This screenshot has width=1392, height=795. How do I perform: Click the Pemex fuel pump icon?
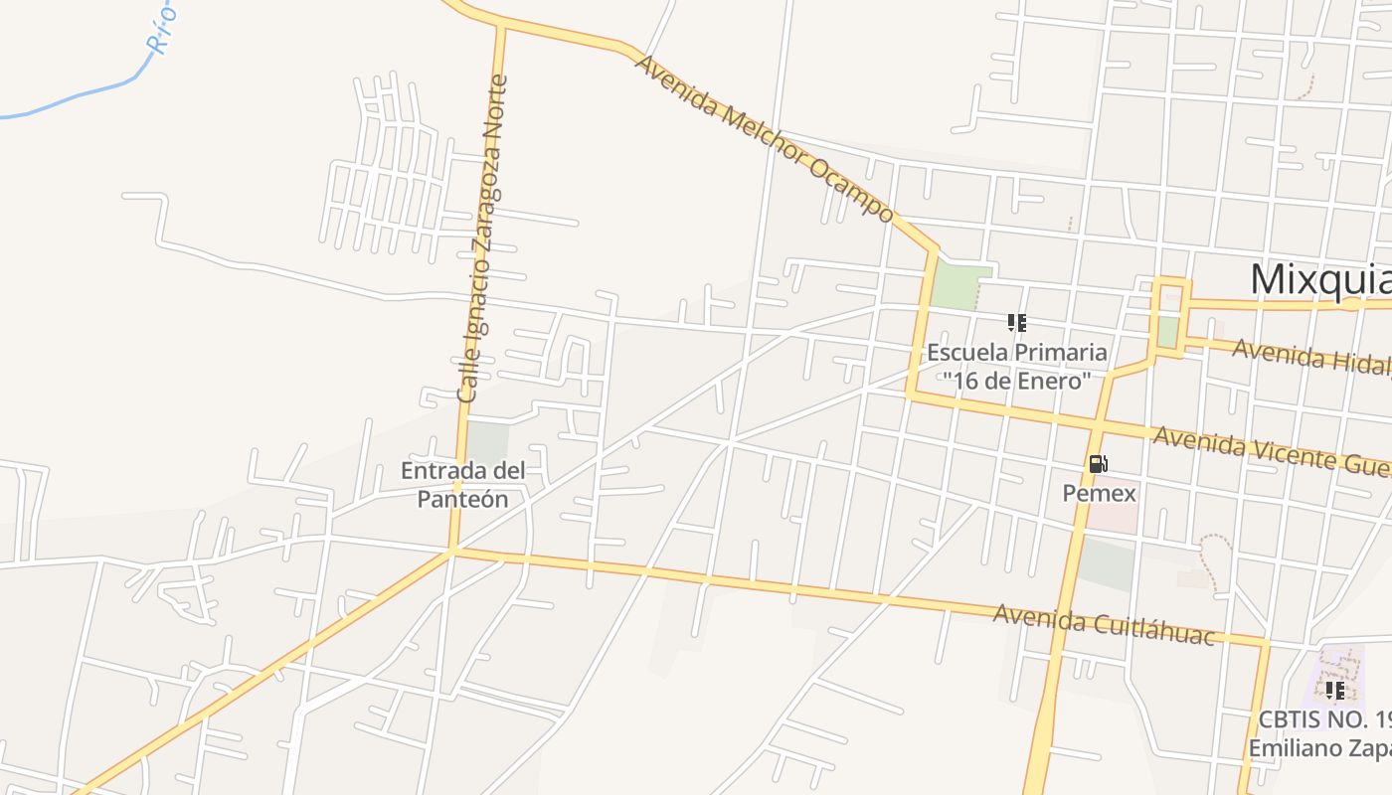click(1098, 464)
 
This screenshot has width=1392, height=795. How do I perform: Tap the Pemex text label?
click(1099, 493)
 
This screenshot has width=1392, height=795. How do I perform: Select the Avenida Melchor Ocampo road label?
click(764, 138)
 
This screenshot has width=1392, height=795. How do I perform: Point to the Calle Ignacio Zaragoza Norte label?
click(482, 238)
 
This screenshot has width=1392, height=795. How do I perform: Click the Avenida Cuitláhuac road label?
click(1104, 624)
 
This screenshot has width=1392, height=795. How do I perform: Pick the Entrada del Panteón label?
click(462, 484)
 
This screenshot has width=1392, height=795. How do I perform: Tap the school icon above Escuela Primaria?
click(1016, 322)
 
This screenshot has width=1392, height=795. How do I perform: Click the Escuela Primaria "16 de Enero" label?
click(1016, 366)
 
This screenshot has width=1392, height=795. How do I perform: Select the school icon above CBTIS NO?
click(1334, 690)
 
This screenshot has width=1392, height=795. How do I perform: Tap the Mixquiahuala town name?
click(1320, 279)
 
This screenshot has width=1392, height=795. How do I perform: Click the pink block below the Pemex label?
click(1111, 516)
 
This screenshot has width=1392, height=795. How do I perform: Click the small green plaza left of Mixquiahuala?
click(1168, 330)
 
